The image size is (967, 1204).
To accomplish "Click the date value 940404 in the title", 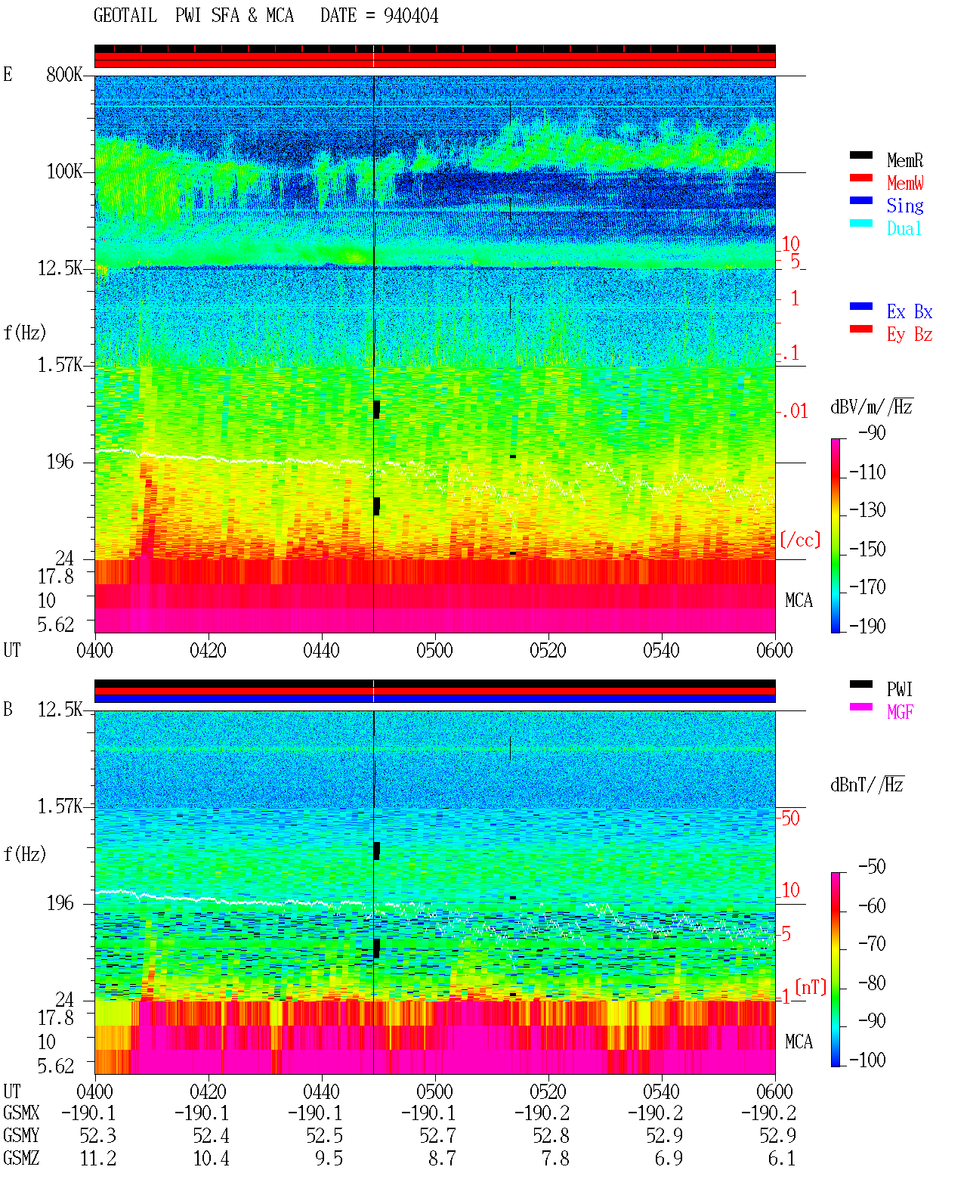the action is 410,16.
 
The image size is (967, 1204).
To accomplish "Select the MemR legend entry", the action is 904,160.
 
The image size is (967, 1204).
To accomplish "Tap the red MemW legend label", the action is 905,183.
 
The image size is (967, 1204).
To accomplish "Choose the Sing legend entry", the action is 904,206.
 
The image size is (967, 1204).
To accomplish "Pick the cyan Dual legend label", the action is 904,228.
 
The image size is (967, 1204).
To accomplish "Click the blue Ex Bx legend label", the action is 909,311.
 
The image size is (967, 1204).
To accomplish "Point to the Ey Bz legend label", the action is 909,335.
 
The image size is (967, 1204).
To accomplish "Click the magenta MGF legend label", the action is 900,712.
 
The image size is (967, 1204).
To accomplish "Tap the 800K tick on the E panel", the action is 64,74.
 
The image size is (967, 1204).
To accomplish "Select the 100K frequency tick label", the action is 64,172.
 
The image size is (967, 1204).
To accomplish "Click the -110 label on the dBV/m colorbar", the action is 867,472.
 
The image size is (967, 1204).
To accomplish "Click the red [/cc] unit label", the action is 800,540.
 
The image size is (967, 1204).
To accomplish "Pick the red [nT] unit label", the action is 811,987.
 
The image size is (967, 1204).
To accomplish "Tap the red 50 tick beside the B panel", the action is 790,819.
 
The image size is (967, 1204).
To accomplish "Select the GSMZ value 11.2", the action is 98,1158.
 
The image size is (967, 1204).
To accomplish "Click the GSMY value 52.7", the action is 438,1136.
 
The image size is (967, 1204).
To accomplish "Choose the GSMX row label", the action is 21,1113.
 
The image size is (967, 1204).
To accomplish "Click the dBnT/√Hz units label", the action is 867,785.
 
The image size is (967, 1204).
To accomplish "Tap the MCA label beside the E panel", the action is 799,600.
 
